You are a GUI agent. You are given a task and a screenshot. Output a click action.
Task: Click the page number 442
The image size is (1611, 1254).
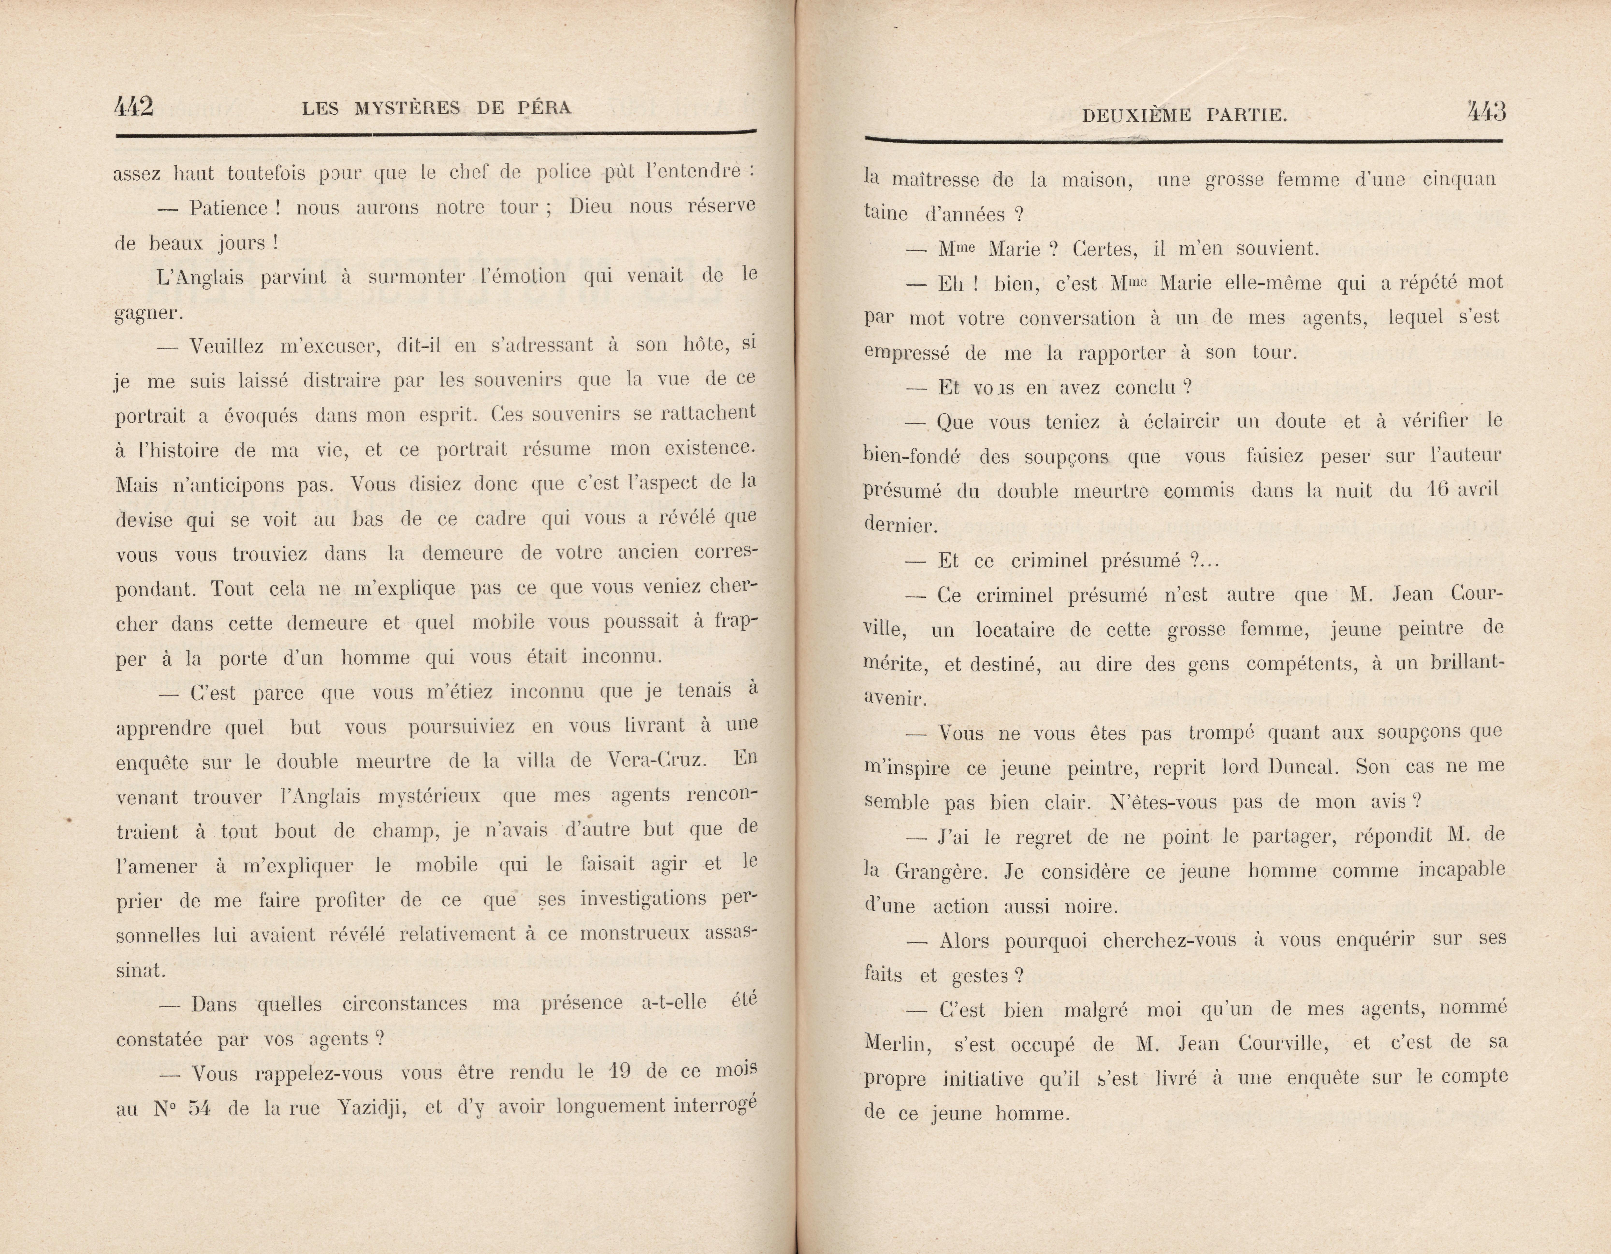[133, 107]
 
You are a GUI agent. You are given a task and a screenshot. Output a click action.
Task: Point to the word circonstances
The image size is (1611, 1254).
[404, 1004]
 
